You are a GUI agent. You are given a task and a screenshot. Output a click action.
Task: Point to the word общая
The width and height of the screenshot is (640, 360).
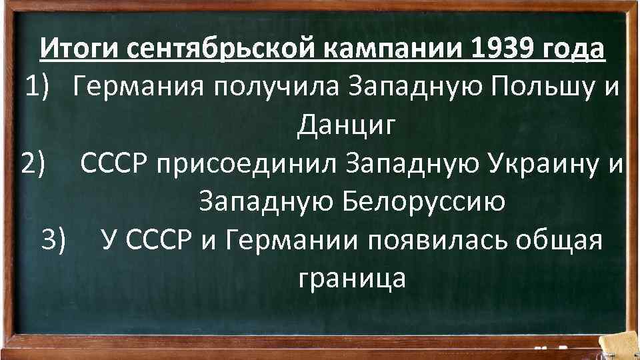567,239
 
